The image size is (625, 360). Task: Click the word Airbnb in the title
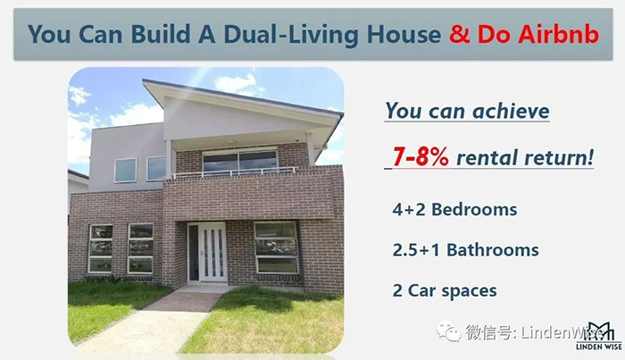click(558, 34)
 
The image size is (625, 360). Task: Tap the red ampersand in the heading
click(460, 34)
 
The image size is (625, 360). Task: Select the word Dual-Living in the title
click(291, 35)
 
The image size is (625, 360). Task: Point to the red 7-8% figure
click(421, 156)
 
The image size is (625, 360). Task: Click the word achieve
click(511, 111)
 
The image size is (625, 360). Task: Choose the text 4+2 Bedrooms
click(454, 210)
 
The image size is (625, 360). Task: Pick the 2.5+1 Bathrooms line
click(465, 250)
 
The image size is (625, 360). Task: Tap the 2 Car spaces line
click(445, 291)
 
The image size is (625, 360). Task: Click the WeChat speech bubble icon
click(448, 331)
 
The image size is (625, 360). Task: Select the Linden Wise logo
click(599, 336)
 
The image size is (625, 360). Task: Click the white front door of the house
click(212, 253)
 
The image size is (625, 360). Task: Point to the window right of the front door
click(276, 247)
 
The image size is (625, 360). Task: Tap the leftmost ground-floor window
click(100, 248)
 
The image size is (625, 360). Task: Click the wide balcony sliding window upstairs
click(239, 162)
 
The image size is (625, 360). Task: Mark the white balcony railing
click(235, 172)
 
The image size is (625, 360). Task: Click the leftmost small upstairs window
click(126, 171)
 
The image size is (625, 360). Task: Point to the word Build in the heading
click(160, 34)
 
